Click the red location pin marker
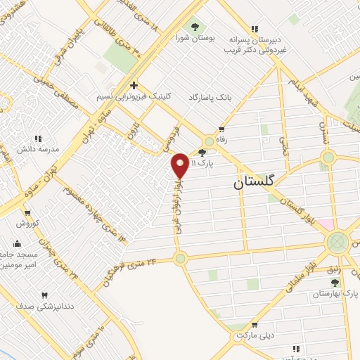click(x=181, y=165)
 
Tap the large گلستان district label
click(x=256, y=183)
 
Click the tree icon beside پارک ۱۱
click(x=202, y=153)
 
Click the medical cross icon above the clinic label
click(x=133, y=85)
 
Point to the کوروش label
click(x=28, y=223)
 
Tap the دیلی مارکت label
click(x=254, y=335)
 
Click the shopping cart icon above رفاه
click(x=221, y=129)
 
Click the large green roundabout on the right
click(x=338, y=243)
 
